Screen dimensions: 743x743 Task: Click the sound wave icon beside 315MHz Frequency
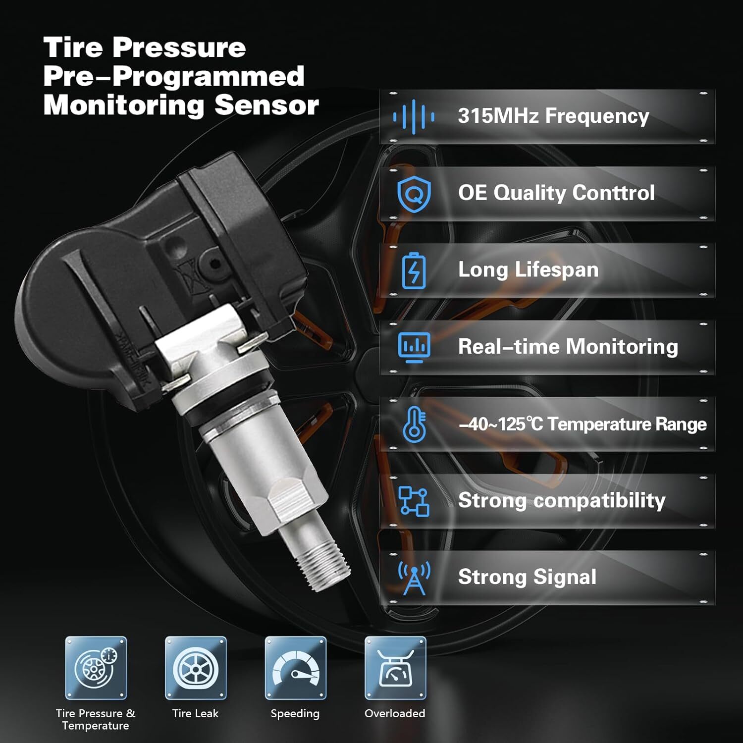tap(414, 117)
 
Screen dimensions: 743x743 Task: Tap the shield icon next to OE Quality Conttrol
tap(414, 194)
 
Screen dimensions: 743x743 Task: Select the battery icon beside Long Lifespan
tap(414, 270)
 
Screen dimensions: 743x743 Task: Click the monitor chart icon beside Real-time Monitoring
tap(414, 347)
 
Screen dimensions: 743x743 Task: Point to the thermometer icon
tap(414, 425)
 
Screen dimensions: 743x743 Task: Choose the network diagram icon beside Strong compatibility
tap(414, 501)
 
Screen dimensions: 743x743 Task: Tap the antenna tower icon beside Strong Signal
tap(414, 578)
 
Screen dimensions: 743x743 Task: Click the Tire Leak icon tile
tap(196, 668)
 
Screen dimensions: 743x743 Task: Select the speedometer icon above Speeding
tap(296, 668)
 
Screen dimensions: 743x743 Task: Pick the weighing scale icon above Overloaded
tap(395, 668)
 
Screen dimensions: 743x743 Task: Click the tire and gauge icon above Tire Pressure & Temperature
tap(96, 668)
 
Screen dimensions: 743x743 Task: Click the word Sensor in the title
tap(266, 105)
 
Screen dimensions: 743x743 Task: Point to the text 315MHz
tap(498, 116)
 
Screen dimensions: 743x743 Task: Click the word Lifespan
tap(556, 270)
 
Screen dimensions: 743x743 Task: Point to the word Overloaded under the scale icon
tap(395, 713)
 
